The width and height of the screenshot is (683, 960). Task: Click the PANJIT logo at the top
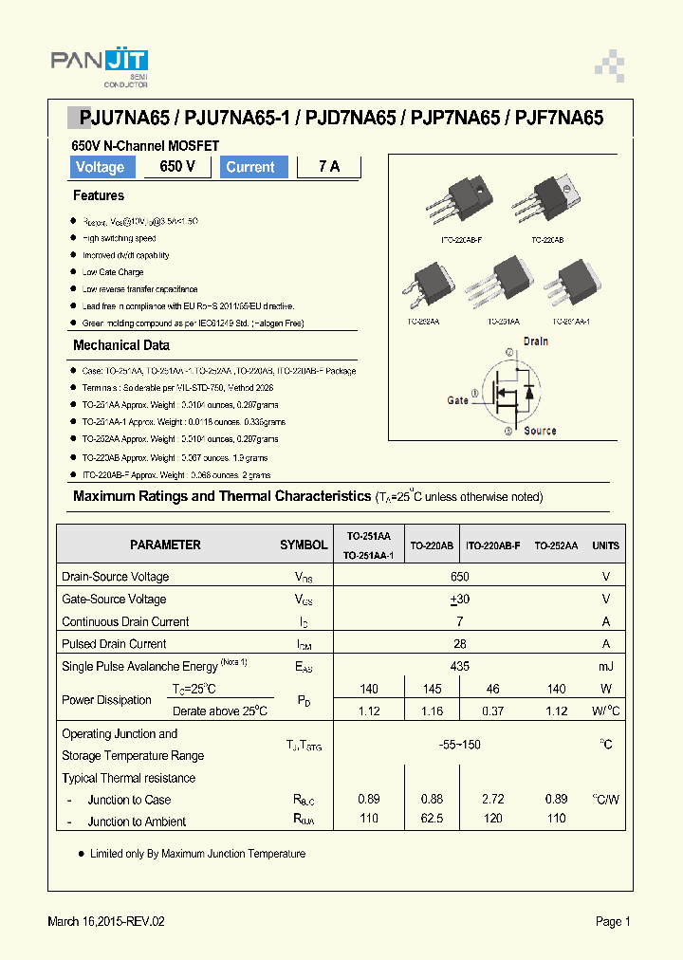tap(99, 64)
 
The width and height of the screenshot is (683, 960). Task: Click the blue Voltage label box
tap(101, 167)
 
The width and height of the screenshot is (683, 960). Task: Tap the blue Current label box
tap(250, 167)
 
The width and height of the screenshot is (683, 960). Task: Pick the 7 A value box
tap(328, 167)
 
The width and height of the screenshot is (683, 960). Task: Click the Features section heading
tap(99, 195)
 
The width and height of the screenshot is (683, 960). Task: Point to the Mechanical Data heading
tap(121, 345)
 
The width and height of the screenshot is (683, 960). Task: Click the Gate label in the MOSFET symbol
tap(458, 400)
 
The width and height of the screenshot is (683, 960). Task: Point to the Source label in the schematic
tap(540, 431)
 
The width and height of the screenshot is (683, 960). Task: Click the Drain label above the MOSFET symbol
tap(536, 341)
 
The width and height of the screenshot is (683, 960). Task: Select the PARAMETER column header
tap(165, 545)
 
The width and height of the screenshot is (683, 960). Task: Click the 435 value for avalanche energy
tap(460, 667)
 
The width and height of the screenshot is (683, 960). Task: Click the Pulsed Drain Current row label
tap(114, 644)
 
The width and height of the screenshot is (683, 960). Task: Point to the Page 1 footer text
tap(613, 921)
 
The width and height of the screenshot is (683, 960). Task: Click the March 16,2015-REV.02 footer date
tap(111, 921)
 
